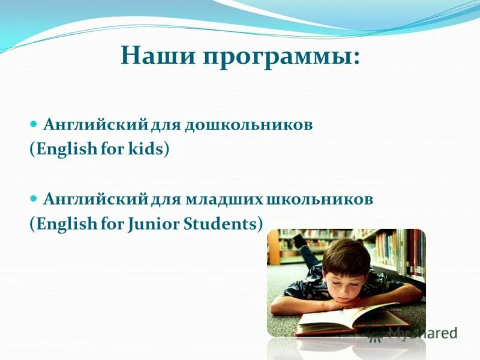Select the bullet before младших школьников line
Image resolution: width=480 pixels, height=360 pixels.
[34, 199]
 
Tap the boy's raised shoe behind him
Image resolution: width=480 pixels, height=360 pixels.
[299, 241]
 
